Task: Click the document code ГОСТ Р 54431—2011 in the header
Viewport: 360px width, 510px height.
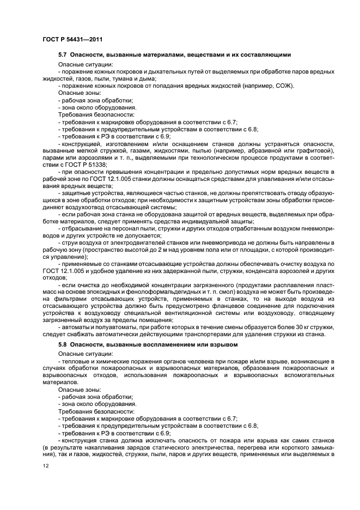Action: pyautogui.click(x=72, y=40)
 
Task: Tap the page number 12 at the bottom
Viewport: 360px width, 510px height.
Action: pyautogui.click(x=46, y=466)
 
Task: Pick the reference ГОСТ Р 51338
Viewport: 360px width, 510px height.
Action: pyautogui.click(x=84, y=164)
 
